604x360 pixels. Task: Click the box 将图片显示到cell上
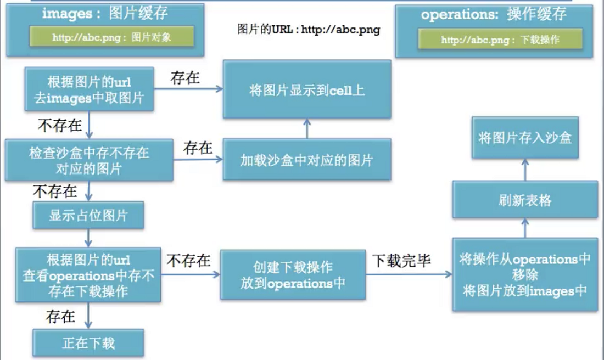coord(307,89)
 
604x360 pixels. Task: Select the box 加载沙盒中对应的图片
coord(307,159)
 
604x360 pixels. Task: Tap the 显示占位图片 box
coord(88,215)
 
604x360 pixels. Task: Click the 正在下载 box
coord(88,342)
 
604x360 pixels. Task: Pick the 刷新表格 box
coord(525,199)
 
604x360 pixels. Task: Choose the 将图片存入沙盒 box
coord(525,137)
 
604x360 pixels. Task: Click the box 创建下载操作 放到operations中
coord(293,274)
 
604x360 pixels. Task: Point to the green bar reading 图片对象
coord(111,37)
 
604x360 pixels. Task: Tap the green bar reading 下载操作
coord(500,39)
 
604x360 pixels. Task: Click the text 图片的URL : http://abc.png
coord(309,29)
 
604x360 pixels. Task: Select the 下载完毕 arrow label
coord(401,261)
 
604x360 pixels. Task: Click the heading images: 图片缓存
coord(105,14)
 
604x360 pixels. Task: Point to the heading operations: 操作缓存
coord(494,15)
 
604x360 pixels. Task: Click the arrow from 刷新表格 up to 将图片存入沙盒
coord(525,170)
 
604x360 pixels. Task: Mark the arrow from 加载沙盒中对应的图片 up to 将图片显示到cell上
coord(307,128)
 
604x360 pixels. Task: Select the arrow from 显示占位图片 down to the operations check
coord(88,238)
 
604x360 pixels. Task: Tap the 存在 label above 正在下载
coord(60,316)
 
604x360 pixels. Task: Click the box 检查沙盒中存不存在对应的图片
coord(89,160)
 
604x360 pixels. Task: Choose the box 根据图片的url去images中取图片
coord(90,89)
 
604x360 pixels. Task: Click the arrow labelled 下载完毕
coord(409,274)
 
